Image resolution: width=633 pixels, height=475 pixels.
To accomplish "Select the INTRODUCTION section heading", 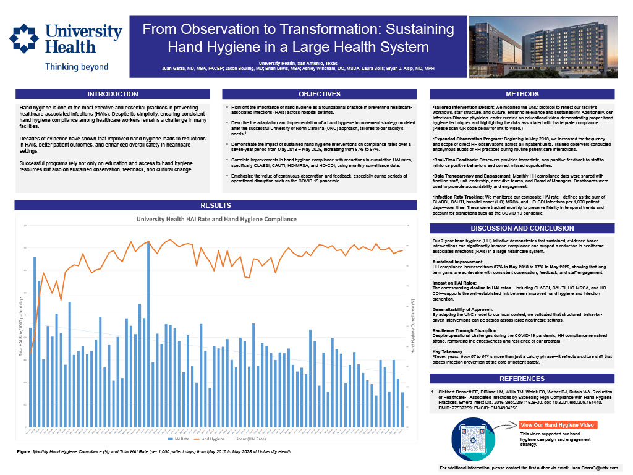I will coord(113,95).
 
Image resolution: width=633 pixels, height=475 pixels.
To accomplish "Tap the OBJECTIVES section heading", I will coord(319,95).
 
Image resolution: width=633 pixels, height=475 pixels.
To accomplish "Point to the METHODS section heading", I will coord(522,95).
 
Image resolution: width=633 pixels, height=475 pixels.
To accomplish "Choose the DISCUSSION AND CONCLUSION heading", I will coord(522,228).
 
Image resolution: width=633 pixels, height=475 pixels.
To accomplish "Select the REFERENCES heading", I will coord(522,379).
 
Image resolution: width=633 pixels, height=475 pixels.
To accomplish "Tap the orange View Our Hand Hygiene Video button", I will coord(558,425).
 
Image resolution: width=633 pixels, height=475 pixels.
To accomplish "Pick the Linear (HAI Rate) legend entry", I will coord(253,439).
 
